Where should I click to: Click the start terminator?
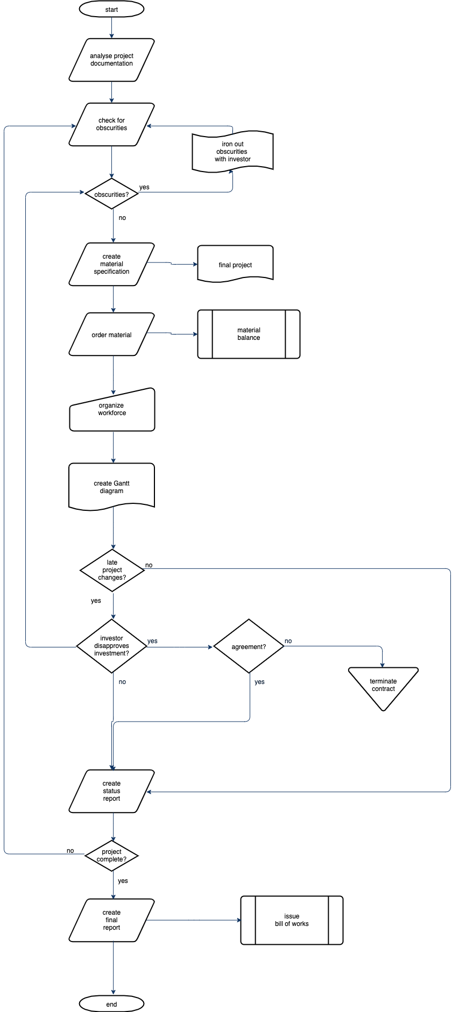point(111,9)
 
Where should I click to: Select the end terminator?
point(111,1003)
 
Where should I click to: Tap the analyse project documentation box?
point(111,60)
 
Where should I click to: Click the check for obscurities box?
point(111,124)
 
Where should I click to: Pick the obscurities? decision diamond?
point(111,194)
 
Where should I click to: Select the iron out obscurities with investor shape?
point(232,152)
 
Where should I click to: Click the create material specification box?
point(111,264)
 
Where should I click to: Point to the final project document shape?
point(235,263)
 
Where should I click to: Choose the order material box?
point(111,334)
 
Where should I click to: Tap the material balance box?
point(249,334)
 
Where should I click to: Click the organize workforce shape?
point(112,410)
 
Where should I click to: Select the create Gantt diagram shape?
point(111,486)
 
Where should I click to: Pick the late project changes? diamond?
point(112,570)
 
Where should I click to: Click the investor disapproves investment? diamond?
point(111,646)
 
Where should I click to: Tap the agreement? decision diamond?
point(249,646)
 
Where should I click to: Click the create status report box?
point(111,791)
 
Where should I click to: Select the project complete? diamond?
point(111,855)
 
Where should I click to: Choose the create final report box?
point(111,920)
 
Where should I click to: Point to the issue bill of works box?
point(292,920)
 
